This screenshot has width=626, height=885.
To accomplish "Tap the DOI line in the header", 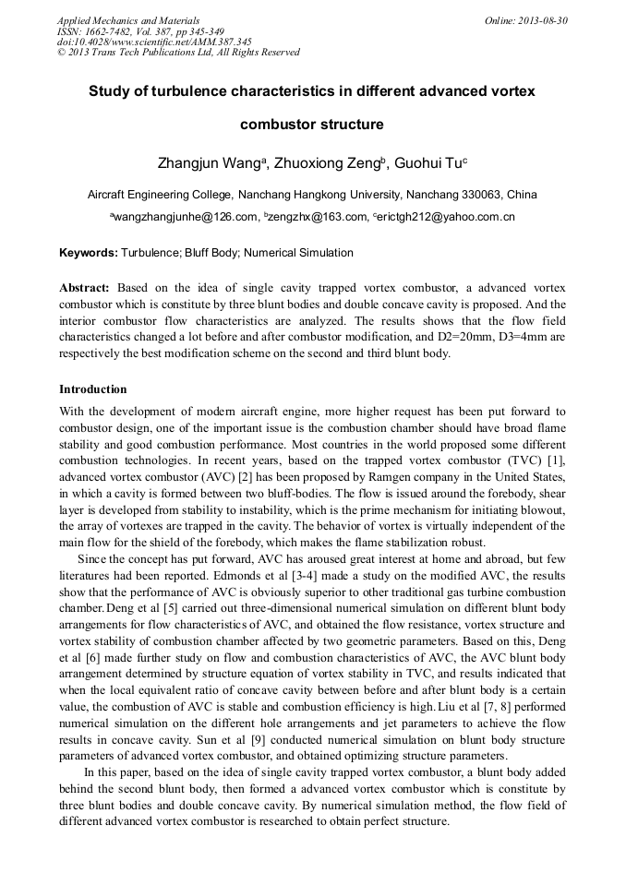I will (154, 42).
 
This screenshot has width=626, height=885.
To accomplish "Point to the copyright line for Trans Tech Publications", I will (178, 53).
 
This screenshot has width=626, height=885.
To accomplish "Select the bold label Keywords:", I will (89, 253).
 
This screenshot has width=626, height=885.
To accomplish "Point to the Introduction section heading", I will (92, 389).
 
